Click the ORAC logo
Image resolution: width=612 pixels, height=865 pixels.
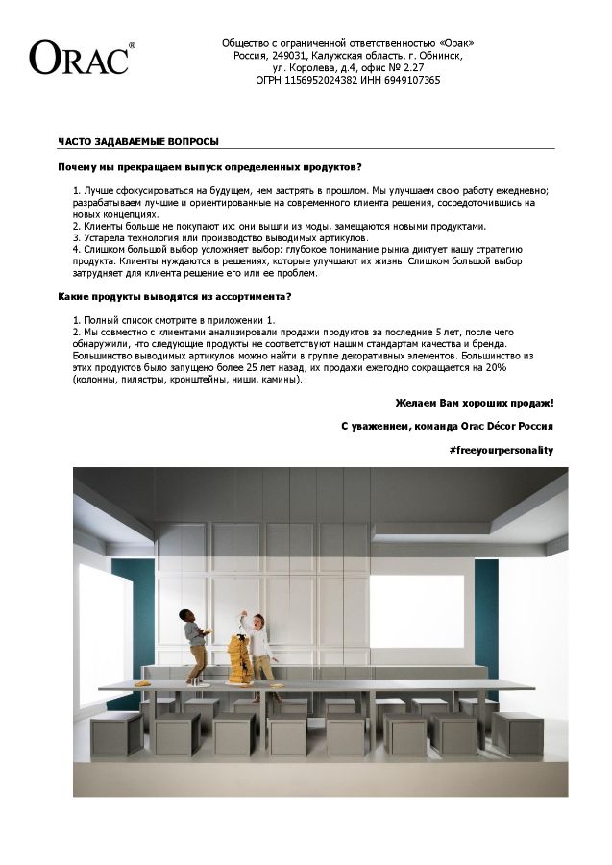point(82,57)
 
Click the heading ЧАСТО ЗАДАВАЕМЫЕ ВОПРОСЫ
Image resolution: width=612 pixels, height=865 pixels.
point(137,141)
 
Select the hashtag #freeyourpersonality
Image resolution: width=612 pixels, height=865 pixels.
point(501,450)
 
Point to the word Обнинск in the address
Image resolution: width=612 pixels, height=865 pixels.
point(442,56)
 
